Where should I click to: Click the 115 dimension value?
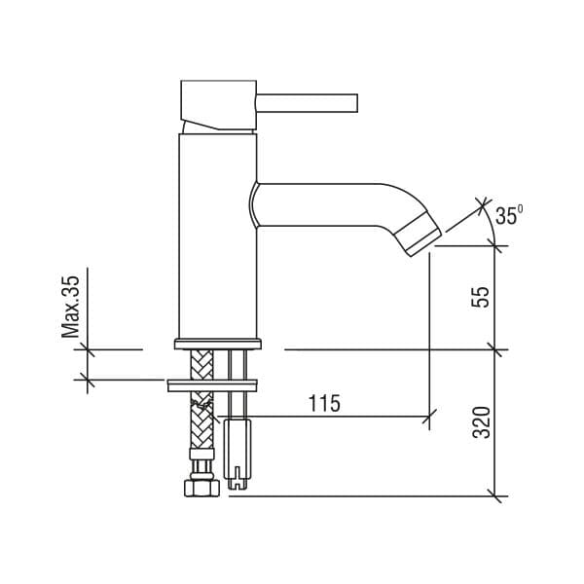point(323,403)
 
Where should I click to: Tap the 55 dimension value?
point(481,297)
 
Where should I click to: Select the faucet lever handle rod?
point(307,101)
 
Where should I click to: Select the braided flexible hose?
point(201,409)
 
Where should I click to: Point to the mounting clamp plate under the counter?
point(209,384)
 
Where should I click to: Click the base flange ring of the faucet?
point(218,343)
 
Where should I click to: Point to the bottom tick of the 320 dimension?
point(496,496)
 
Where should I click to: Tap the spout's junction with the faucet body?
point(255,204)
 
